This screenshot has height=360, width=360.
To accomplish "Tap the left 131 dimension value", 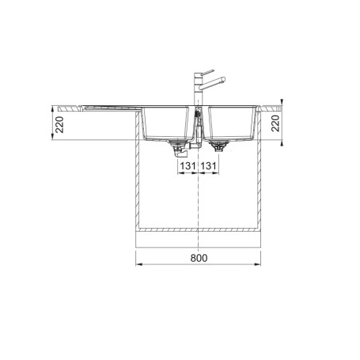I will [186, 167].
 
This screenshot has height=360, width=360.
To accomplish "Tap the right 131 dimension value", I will [209, 167].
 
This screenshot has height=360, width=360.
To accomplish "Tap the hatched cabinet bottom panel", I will [199, 228].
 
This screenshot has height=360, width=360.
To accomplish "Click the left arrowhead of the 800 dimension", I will [142, 264].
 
